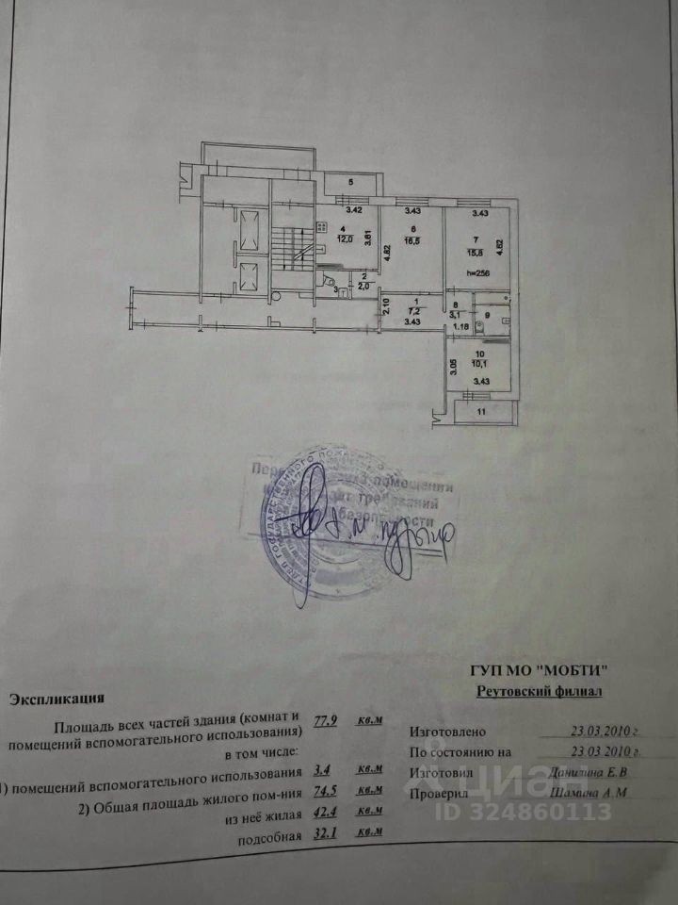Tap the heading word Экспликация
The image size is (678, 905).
click(56, 699)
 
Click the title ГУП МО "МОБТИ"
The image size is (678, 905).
click(539, 670)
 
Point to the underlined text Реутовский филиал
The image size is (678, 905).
click(539, 692)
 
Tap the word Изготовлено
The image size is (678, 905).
click(447, 731)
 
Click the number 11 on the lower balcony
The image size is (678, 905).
click(480, 412)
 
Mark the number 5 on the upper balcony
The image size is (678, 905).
click(349, 182)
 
